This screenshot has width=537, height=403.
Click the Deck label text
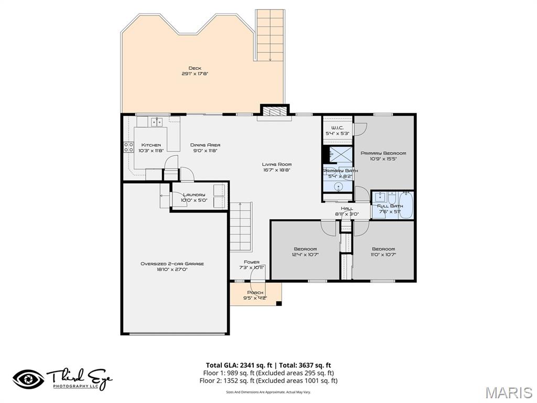pos(195,68)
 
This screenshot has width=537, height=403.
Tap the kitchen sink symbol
pos(156,122)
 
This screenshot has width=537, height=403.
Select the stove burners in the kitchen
pos(127,147)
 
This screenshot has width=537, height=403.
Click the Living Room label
pos(277,164)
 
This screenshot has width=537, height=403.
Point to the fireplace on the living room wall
pos(275,111)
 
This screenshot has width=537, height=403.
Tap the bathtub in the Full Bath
pos(406,205)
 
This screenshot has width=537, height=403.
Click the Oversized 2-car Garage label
pos(172,264)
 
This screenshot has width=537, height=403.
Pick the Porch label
pos(255,293)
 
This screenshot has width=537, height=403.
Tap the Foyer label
pos(252,262)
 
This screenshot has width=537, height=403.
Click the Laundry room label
pos(194,195)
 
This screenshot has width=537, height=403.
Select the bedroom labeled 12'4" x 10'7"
pos(305,251)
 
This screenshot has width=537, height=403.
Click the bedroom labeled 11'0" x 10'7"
pos(383,251)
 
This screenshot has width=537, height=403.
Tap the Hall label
pos(347,208)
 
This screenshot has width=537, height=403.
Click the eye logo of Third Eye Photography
pos(28,379)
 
